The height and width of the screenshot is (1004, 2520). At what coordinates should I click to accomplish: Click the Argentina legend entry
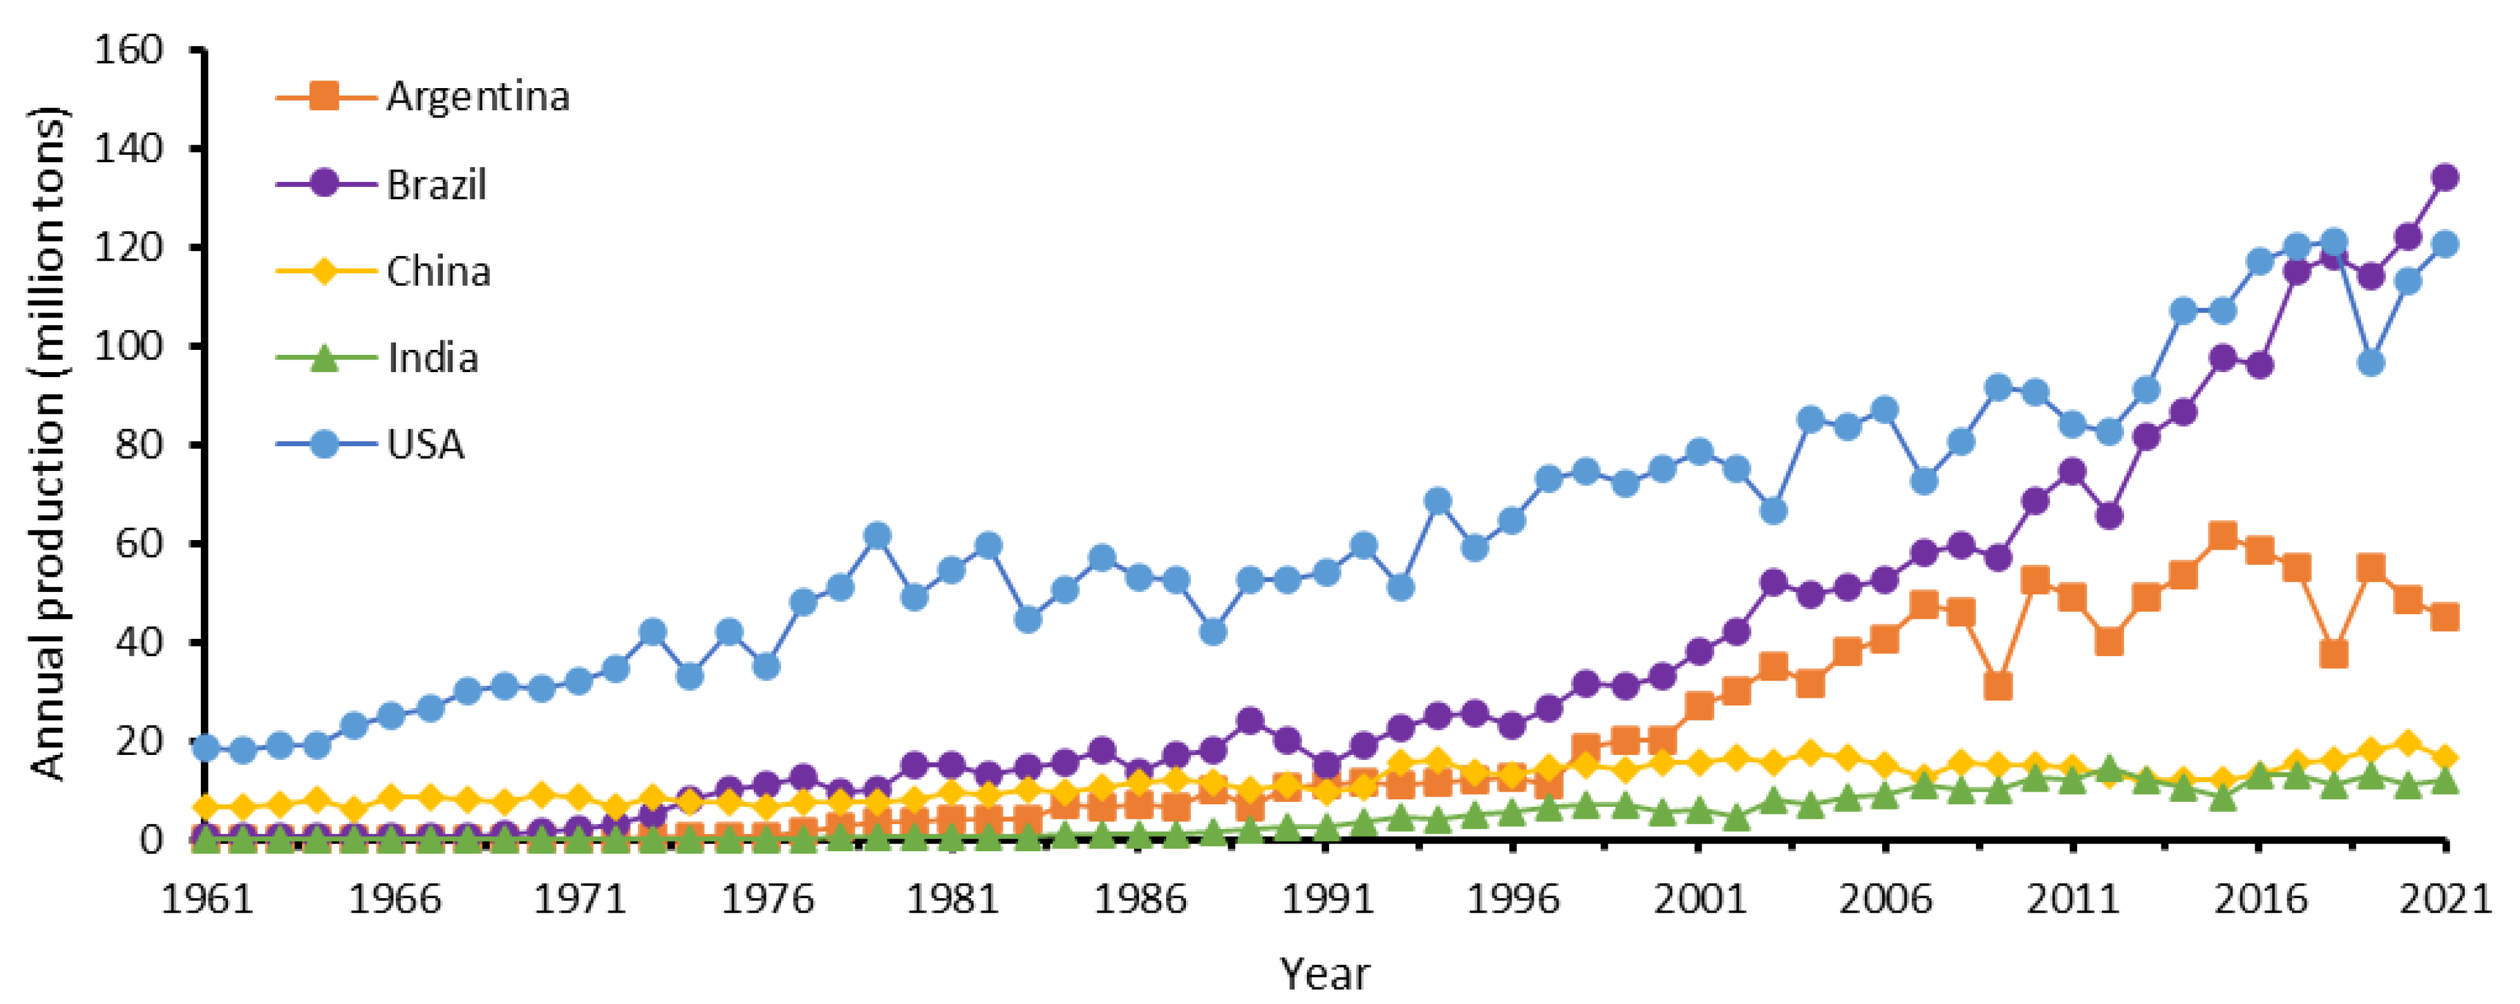tap(476, 96)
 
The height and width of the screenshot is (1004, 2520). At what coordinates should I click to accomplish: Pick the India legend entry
tap(433, 358)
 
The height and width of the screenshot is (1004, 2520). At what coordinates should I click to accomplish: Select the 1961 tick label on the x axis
tap(207, 898)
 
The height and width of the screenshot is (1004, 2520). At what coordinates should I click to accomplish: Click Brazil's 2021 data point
tap(2445, 177)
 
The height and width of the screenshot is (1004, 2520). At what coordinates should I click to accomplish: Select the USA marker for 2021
tap(2445, 243)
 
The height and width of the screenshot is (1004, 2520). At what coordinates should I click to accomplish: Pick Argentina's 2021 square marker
tap(2445, 617)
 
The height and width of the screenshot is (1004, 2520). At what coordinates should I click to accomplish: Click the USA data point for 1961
tap(207, 748)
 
